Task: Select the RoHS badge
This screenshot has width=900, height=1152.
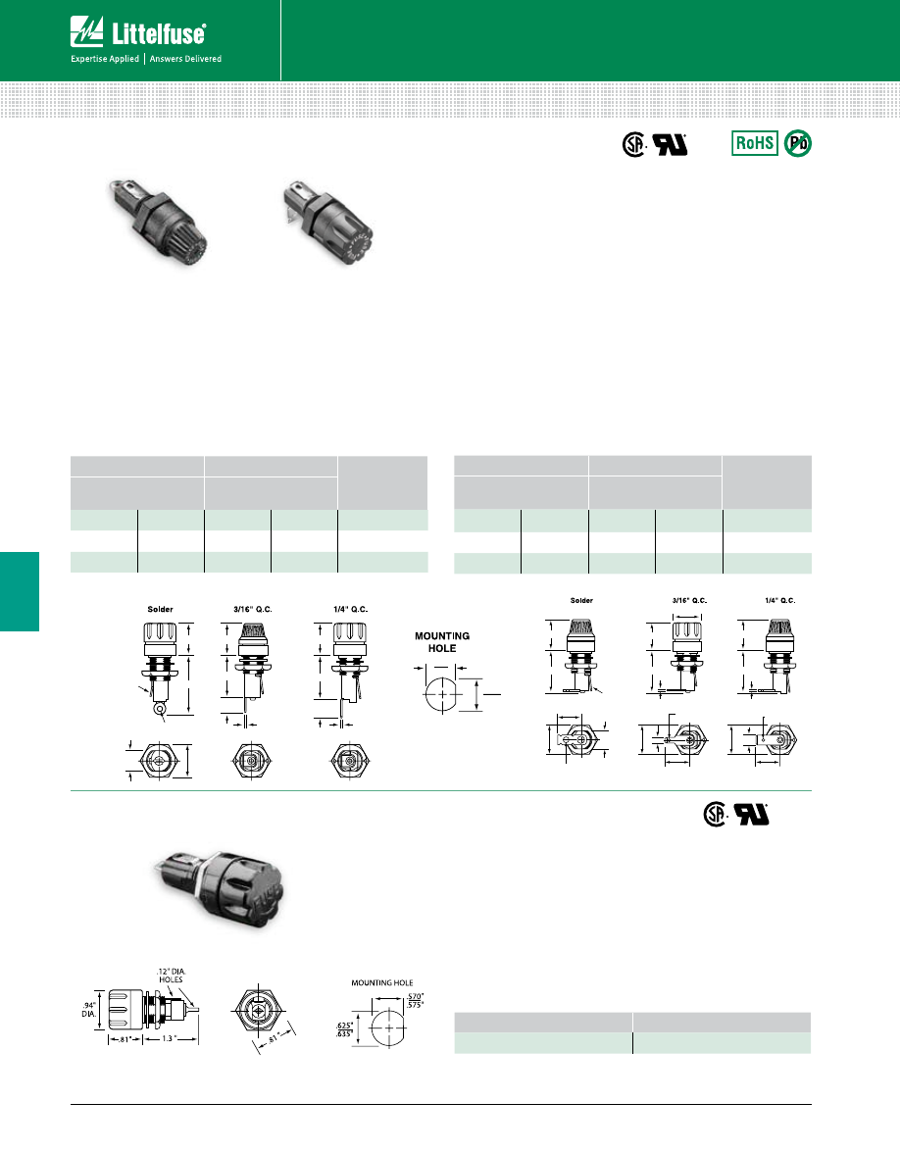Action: coord(755,143)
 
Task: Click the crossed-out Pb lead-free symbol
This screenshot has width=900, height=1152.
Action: coord(798,143)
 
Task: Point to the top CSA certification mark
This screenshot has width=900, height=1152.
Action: coord(636,145)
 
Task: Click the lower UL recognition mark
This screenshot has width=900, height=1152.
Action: coord(753,816)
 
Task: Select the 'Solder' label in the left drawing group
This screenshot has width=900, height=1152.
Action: coord(160,609)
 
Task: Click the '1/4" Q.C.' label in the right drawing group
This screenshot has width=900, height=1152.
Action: coord(781,599)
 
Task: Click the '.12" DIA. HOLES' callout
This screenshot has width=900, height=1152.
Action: coord(170,976)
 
